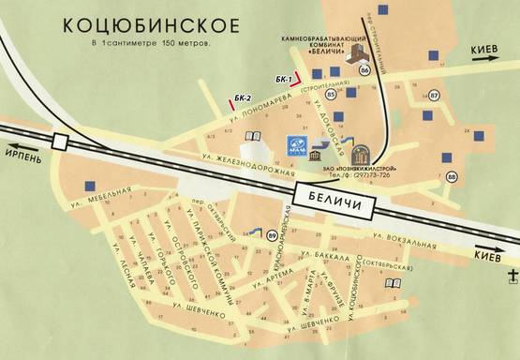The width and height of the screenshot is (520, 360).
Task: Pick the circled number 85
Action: (x=334, y=95)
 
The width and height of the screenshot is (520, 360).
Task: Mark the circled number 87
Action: (x=434, y=95)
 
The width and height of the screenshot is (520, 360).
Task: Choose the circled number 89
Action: (x=272, y=234)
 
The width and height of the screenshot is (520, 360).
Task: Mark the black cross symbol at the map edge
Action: (x=513, y=275)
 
